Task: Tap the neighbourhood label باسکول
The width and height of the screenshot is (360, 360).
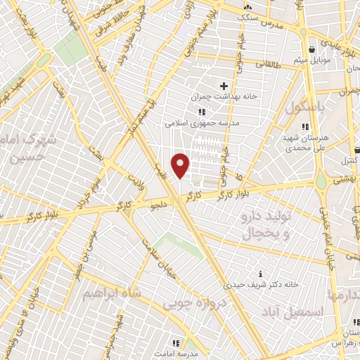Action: coord(307,108)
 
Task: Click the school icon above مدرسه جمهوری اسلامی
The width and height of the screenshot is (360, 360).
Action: coord(202,112)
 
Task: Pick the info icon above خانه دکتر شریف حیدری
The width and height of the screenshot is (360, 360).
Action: coord(261,274)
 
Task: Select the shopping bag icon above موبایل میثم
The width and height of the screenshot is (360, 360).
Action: coord(311,49)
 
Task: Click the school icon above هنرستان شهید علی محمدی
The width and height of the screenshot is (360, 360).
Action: coord(304,127)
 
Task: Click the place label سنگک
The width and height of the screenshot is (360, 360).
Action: coord(247,15)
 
